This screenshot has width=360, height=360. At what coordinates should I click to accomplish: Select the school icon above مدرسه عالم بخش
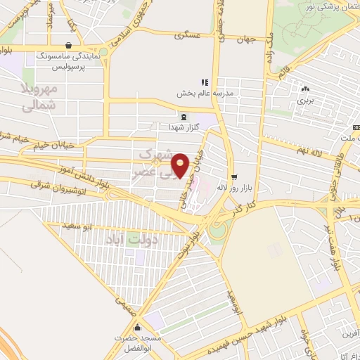click(x=205, y=82)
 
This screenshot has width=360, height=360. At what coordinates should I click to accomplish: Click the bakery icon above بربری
click(x=304, y=89)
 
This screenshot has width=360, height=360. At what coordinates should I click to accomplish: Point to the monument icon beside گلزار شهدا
click(x=183, y=117)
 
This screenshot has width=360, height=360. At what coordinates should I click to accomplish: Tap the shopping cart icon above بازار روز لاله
click(x=233, y=176)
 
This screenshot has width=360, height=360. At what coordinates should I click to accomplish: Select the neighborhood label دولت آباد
click(x=133, y=240)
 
